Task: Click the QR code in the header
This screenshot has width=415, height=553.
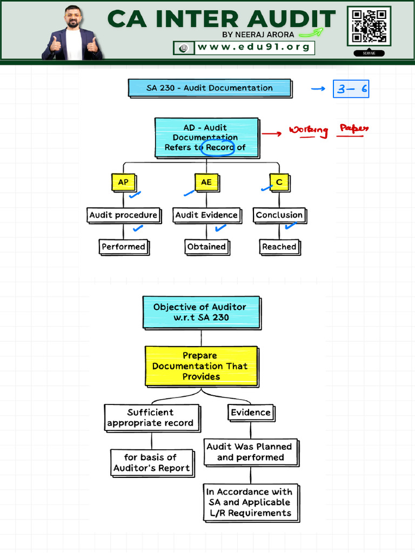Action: [369, 26]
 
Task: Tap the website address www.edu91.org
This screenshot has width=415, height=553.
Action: [253, 48]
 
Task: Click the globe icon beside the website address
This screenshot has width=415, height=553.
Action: [184, 48]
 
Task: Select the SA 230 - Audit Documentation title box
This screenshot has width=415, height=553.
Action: [210, 88]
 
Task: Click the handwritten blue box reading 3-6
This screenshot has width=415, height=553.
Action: [351, 89]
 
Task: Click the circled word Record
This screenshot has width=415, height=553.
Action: [218, 147]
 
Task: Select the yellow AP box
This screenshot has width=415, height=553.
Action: [123, 183]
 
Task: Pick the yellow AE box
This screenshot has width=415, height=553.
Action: [206, 183]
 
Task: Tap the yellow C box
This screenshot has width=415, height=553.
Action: [279, 183]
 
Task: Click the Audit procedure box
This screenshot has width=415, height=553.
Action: [123, 215]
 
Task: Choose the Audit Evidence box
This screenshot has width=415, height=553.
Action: [206, 215]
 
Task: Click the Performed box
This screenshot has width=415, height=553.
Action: [123, 247]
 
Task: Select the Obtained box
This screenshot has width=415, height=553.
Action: [206, 247]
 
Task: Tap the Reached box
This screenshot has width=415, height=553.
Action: [279, 247]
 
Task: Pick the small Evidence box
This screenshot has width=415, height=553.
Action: [250, 413]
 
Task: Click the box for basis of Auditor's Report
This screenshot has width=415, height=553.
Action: [151, 463]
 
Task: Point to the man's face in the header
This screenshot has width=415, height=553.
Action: [72, 18]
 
